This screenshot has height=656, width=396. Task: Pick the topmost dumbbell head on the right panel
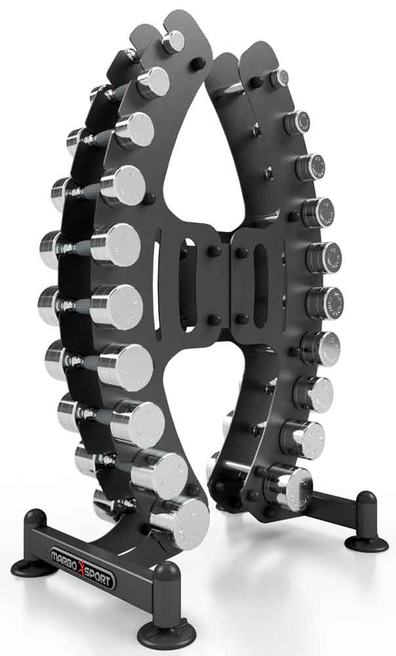[281, 78]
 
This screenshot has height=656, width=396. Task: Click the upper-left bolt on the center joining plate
[214, 251]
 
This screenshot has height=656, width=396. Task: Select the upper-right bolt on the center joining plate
[242, 252]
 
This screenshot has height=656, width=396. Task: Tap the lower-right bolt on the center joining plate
[242, 319]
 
